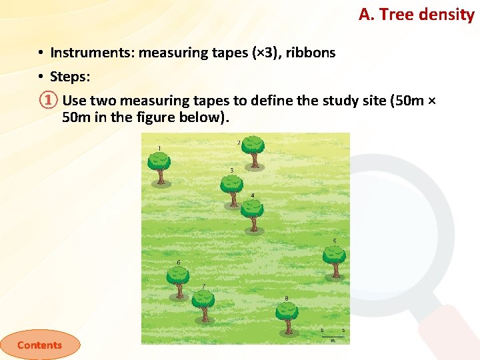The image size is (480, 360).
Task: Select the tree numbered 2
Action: [x=253, y=149]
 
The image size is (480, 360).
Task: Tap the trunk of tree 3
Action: [x=232, y=199]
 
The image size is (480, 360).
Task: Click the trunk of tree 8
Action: [x=287, y=326]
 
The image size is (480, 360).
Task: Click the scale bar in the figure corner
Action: [x=333, y=335]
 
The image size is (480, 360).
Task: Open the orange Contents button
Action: [x=39, y=345]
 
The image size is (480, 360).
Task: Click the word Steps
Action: [x=69, y=77]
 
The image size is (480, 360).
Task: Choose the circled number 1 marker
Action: [x=45, y=101]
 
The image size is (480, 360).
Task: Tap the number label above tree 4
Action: [x=252, y=195]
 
